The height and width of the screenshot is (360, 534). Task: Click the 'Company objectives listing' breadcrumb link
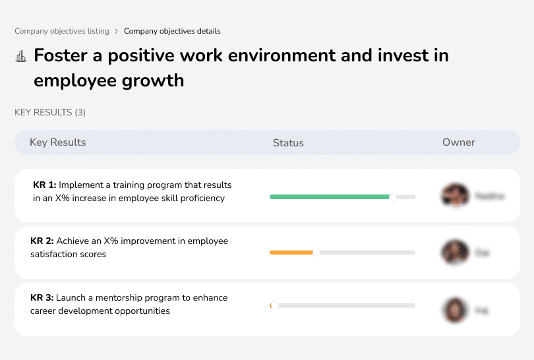click(x=62, y=31)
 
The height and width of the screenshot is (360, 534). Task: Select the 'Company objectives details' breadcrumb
click(x=172, y=31)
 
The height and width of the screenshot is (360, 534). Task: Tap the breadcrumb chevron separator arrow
click(x=117, y=31)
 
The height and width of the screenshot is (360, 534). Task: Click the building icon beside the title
click(x=21, y=56)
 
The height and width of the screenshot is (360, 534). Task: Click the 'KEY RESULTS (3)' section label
click(x=50, y=113)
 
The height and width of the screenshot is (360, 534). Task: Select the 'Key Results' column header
click(x=58, y=142)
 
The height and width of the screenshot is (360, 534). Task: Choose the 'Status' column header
click(x=288, y=142)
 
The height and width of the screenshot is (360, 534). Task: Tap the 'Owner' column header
click(x=458, y=142)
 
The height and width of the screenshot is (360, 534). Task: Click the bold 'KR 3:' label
click(x=42, y=298)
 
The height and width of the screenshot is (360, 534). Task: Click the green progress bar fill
click(x=330, y=196)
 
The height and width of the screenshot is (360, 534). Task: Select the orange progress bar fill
click(x=291, y=253)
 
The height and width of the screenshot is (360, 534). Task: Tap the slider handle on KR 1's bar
click(x=393, y=196)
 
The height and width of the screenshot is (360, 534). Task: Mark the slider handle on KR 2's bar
click(x=316, y=253)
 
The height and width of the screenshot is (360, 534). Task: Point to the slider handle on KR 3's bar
click(x=274, y=305)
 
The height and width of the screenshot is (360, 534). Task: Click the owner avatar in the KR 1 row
click(x=454, y=196)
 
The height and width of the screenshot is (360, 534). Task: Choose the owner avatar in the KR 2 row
click(x=454, y=253)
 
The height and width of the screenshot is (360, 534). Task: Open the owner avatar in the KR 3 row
click(x=454, y=309)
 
